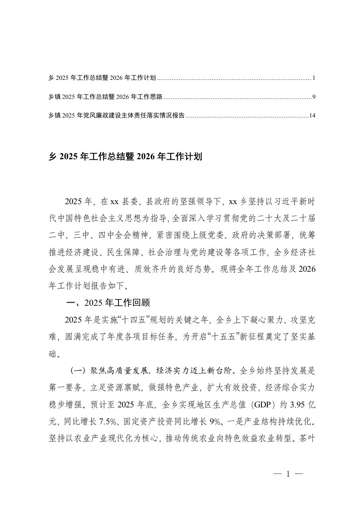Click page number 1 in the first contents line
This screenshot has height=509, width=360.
pos(314,78)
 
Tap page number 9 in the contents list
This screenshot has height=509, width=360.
pos(314,97)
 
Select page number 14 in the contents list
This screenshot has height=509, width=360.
pos(312,116)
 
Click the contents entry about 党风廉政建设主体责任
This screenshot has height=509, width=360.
pos(116,116)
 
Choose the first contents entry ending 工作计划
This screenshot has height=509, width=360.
pos(102,78)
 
